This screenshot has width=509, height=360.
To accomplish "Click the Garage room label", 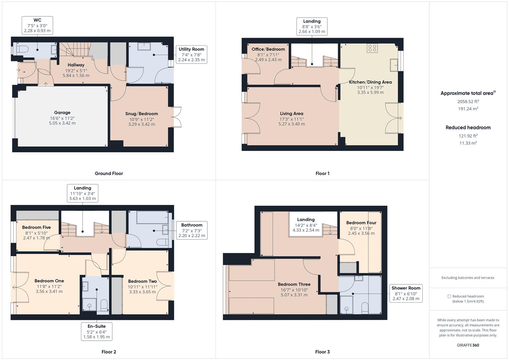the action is pos(62,113).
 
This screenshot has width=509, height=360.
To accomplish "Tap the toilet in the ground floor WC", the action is pos(22,49).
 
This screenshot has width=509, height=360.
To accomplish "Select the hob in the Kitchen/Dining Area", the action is pos(372,48).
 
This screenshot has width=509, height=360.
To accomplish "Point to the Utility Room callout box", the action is pos(191,55).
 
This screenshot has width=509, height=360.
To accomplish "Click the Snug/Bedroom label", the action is pos(142,114).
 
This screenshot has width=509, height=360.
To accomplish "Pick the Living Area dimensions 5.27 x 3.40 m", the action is pos(292,124).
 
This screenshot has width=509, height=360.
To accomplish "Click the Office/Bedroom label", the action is pos(268,49).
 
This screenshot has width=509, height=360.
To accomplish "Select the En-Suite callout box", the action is pos(97,331).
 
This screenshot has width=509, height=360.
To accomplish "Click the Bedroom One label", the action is pos(49,281).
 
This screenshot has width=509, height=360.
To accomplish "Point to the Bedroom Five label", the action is pos(36,227).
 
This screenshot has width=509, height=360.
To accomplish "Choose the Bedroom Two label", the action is pos(142,281).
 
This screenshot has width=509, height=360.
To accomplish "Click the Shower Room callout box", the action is pos(406,293).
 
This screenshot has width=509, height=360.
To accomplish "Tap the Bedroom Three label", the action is pos(294,284).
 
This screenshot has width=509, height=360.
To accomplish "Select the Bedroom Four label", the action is pos(361,223).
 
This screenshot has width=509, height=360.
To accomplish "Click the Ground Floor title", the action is pos(109,173).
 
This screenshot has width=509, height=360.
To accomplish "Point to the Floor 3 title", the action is pos(322,352).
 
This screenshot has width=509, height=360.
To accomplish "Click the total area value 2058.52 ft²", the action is pos(468,101).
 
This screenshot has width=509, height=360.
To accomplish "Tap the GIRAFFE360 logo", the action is pos(468,345).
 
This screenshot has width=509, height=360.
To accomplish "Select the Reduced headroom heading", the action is pos(468,127).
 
